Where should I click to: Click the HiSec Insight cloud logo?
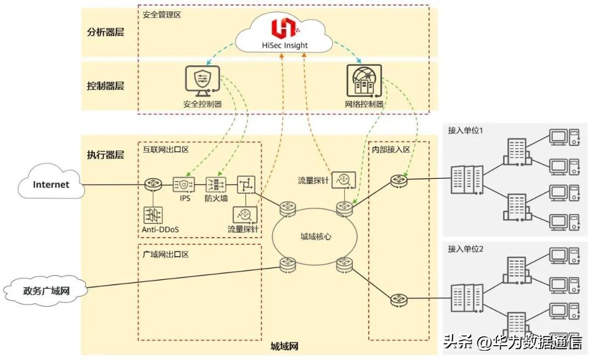tap(283, 27)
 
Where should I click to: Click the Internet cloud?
tap(51, 184)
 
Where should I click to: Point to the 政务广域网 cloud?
tap(46, 290)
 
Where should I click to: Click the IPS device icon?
tap(184, 184)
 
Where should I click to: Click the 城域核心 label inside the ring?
tap(315, 236)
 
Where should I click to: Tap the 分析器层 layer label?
tap(105, 32)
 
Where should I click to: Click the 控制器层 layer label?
tap(105, 86)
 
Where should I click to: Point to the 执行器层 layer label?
tap(105, 154)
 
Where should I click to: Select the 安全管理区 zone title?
tap(161, 15)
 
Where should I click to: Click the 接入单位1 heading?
tap(465, 131)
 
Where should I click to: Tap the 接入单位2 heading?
tap(465, 249)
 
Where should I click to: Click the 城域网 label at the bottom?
tap(284, 346)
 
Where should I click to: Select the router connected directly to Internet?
tap(152, 185)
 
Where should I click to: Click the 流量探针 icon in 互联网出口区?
tap(243, 214)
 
